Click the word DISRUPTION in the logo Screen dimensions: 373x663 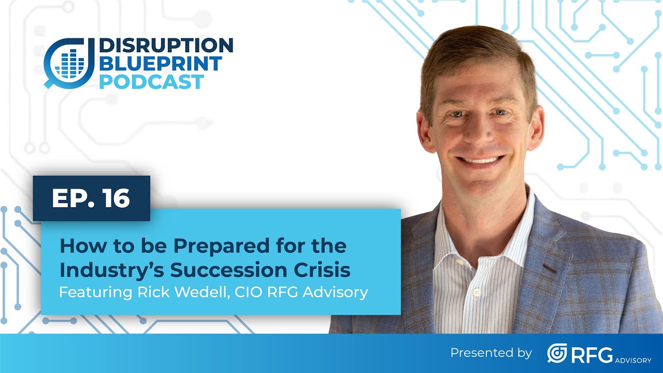[166, 46]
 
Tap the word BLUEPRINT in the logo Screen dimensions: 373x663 [160, 64]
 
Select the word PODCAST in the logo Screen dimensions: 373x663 [151, 82]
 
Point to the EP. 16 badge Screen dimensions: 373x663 [91, 198]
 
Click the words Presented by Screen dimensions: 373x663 [491, 353]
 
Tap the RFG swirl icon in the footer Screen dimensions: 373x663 [557, 353]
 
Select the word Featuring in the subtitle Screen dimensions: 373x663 [88, 292]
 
